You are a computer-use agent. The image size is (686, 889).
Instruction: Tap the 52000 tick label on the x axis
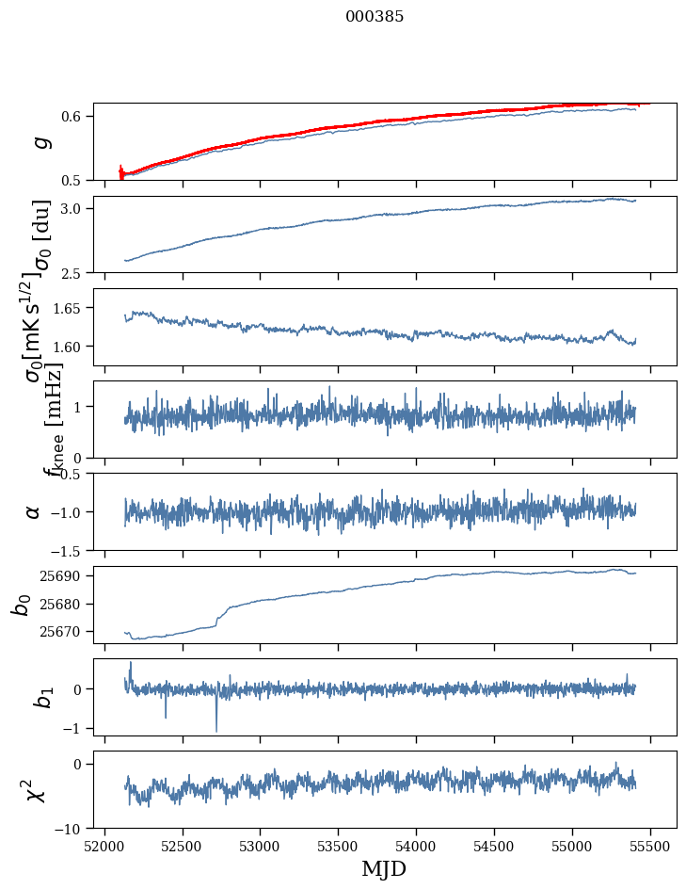pyautogui.click(x=104, y=847)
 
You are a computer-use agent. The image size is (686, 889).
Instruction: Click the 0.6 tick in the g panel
pyautogui.click(x=74, y=116)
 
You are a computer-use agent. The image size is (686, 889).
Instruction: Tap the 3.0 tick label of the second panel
pyautogui.click(x=74, y=208)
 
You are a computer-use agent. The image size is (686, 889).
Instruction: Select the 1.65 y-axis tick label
pyautogui.click(x=71, y=308)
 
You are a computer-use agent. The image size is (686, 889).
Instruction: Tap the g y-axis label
pyautogui.click(x=39, y=142)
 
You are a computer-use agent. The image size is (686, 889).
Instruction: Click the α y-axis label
pyautogui.click(x=33, y=511)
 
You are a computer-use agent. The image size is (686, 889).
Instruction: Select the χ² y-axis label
pyautogui.click(x=35, y=790)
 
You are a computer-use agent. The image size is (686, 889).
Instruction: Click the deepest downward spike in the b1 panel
pyautogui.click(x=216, y=731)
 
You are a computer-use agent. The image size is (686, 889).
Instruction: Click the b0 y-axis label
pyautogui.click(x=21, y=605)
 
